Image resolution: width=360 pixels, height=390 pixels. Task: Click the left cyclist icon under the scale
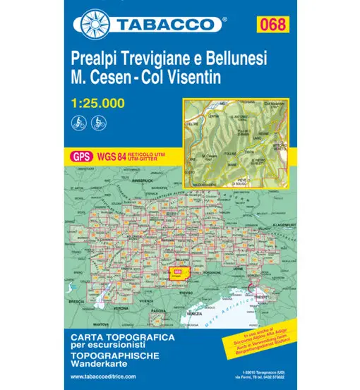click(78, 121)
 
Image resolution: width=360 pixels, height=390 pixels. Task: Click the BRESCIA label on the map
click(78, 300)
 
